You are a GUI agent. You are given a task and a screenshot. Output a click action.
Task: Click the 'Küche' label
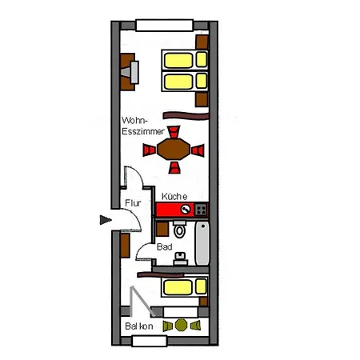coord(174,197)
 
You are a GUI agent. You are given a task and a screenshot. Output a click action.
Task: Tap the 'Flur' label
coord(132,203)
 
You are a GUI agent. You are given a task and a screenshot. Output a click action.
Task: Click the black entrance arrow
coord(103,221)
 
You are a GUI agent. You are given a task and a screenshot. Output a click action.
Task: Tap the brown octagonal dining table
coord(174,148)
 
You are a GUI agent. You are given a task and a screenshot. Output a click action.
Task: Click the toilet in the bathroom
coord(180,232)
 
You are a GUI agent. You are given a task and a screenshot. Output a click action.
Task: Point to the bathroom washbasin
coord(183,258)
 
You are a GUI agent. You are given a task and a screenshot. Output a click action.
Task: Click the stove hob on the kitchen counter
coord(201,209)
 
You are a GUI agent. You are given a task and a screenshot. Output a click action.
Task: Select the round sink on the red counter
coord(186,210)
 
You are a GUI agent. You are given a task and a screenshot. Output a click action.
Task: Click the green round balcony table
coord(181,325)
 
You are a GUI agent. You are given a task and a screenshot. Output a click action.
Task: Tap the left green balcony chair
coord(167,326)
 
